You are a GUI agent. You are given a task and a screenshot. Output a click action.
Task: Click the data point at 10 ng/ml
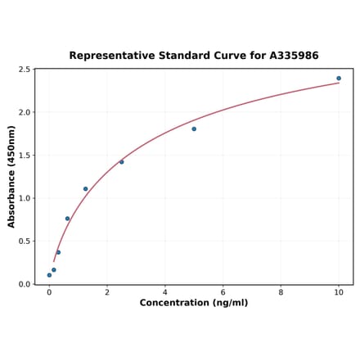(339, 79)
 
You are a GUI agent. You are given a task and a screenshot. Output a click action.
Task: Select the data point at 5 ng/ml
(194, 129)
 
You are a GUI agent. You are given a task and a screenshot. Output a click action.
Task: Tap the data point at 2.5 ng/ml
(122, 162)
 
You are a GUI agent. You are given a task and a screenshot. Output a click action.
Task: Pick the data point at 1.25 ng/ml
(85, 189)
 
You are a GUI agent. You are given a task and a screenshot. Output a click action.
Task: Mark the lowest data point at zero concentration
(49, 275)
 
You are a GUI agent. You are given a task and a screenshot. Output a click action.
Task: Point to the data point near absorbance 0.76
(67, 219)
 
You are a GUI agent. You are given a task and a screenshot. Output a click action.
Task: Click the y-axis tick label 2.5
(24, 70)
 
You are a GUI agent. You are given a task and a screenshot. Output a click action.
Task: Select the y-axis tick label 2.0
(24, 112)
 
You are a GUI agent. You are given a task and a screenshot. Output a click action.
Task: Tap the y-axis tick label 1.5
(24, 156)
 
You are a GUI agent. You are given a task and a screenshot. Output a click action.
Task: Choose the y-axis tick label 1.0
(24, 198)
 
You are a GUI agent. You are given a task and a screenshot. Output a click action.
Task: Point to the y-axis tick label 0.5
(24, 241)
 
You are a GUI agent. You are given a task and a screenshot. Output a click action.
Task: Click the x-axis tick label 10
(339, 292)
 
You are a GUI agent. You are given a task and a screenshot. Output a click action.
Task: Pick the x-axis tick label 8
(281, 292)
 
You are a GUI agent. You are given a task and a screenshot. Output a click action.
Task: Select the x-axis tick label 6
(223, 292)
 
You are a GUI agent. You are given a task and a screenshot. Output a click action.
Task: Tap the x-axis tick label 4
(165, 292)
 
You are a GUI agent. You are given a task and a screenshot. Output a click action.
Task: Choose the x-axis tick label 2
(107, 292)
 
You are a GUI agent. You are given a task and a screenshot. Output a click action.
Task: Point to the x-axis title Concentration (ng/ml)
(194, 303)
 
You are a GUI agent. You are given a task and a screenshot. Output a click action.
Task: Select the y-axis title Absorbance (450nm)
(11, 177)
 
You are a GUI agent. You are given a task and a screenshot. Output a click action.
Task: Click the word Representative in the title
(111, 56)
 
